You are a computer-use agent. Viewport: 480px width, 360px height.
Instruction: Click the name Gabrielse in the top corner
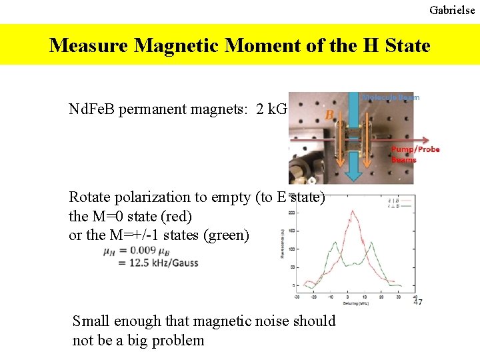(x=452, y=10)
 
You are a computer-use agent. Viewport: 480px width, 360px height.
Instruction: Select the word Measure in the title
(x=89, y=45)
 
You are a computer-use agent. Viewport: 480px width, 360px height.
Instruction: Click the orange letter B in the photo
(x=329, y=115)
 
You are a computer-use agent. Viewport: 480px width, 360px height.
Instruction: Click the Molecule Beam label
(x=391, y=97)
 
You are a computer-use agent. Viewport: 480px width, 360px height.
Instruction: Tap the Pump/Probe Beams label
(x=415, y=154)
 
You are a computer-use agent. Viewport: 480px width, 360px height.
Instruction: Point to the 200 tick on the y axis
(x=291, y=213)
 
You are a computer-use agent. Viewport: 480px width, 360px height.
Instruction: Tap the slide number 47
(x=417, y=302)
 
